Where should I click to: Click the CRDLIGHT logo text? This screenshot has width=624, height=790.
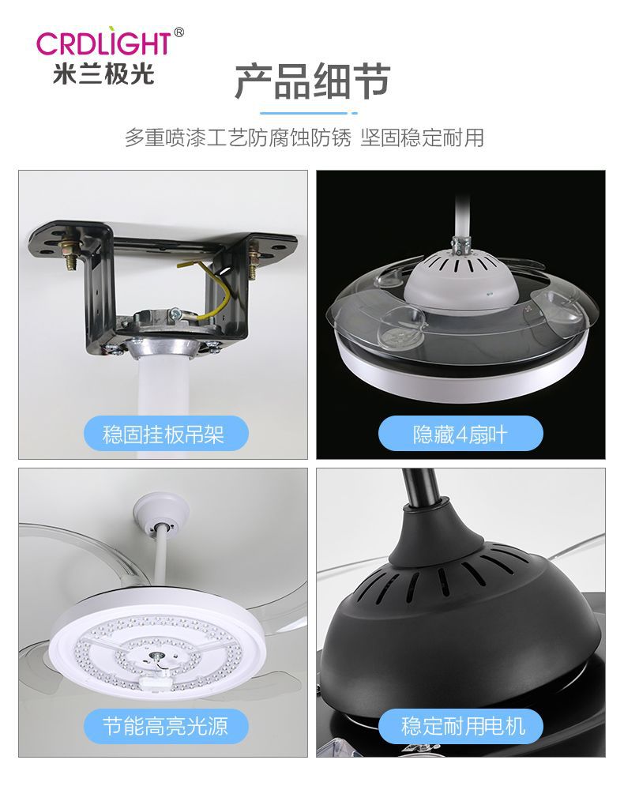[103, 43]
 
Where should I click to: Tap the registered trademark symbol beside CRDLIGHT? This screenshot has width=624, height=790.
[179, 32]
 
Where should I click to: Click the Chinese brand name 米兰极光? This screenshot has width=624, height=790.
[103, 74]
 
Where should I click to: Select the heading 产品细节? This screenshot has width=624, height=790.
[312, 81]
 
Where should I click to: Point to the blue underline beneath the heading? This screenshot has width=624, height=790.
[308, 113]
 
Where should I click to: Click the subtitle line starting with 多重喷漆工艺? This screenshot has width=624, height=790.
[304, 137]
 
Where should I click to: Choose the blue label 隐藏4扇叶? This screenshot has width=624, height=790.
[460, 433]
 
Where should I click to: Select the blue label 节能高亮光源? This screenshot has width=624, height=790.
[166, 726]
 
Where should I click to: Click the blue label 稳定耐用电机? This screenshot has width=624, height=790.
[460, 726]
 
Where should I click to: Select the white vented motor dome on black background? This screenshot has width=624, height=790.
[456, 279]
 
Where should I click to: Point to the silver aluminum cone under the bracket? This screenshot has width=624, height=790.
[161, 348]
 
